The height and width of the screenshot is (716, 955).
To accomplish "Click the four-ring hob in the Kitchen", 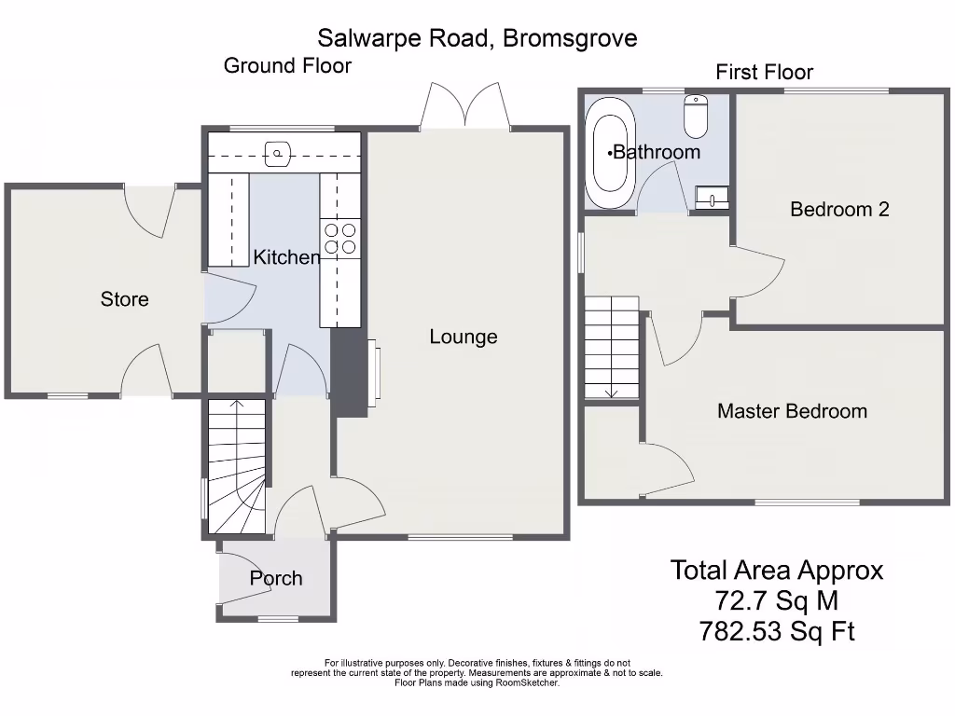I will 339,238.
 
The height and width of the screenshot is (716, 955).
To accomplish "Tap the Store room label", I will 124,299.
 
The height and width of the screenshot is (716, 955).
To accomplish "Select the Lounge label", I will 464,337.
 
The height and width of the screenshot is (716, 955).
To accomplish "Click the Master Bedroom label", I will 792,411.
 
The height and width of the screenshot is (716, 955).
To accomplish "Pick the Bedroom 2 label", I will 839,209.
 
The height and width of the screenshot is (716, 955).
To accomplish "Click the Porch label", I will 276,578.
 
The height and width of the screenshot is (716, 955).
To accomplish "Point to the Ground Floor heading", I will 287,65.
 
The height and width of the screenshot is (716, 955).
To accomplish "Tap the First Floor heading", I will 764,72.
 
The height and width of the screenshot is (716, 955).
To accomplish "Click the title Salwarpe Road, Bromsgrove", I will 477,38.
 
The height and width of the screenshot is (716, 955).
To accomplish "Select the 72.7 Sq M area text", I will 776,600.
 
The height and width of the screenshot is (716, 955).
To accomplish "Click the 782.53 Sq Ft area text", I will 776,632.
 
